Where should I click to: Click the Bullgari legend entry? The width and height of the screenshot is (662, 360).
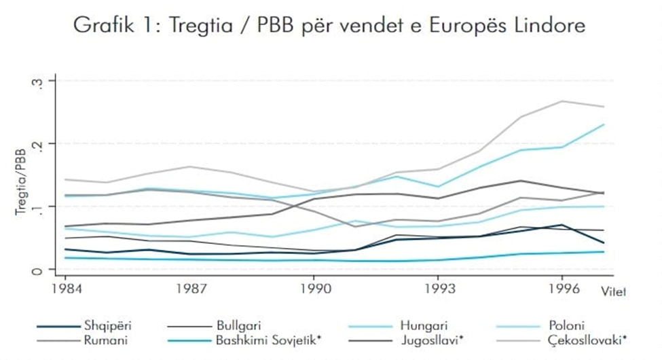pos(240,326)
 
